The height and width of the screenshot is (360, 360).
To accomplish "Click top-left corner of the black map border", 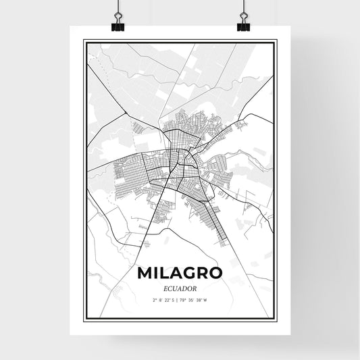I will click(84, 41).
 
